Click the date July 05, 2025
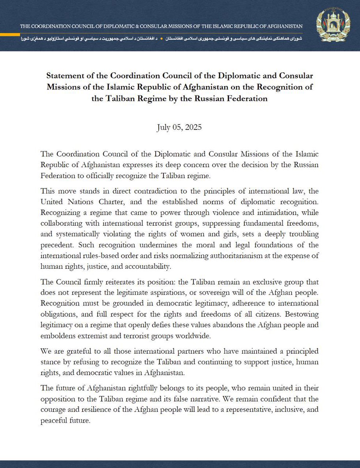point(179,128)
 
